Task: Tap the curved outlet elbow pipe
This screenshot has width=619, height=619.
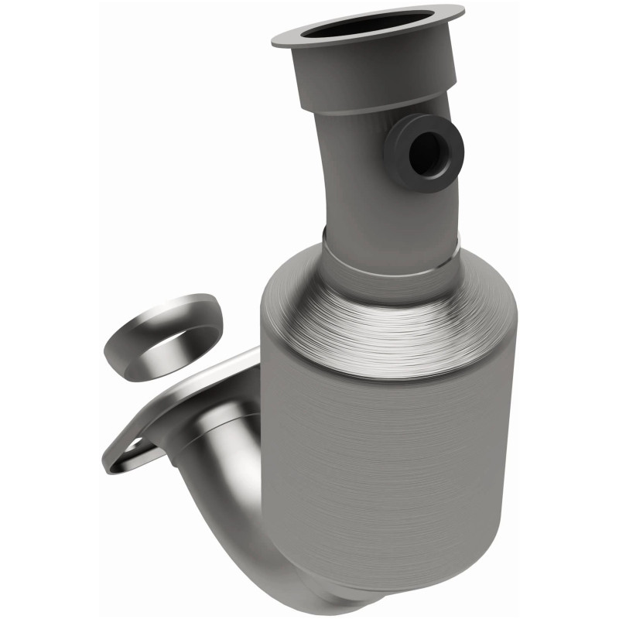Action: pos(232,495)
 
